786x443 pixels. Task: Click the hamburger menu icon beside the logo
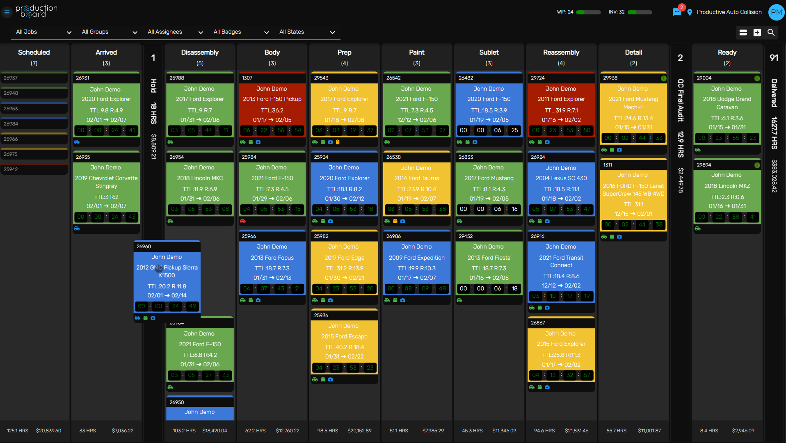(x=7, y=12)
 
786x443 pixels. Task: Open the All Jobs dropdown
(x=43, y=32)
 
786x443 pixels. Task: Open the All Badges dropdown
(x=241, y=32)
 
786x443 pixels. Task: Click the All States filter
(x=307, y=32)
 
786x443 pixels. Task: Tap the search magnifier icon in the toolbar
(x=771, y=32)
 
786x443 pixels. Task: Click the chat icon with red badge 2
(x=677, y=12)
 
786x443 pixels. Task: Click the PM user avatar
(x=776, y=12)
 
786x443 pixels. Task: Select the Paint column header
(x=416, y=53)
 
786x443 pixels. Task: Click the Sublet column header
(x=489, y=53)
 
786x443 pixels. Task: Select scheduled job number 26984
(x=11, y=124)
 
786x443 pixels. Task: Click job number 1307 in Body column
(x=247, y=78)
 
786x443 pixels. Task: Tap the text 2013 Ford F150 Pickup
(x=272, y=99)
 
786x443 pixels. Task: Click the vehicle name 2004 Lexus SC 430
(x=561, y=178)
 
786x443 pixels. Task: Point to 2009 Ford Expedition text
(x=416, y=258)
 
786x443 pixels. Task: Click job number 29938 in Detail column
(x=610, y=78)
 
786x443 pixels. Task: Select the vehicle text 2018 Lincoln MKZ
(x=727, y=186)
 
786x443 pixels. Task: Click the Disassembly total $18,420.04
(x=215, y=431)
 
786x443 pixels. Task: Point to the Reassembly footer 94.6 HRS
(x=544, y=431)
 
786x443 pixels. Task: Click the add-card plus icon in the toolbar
(x=757, y=32)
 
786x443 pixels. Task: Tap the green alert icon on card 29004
(x=757, y=78)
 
